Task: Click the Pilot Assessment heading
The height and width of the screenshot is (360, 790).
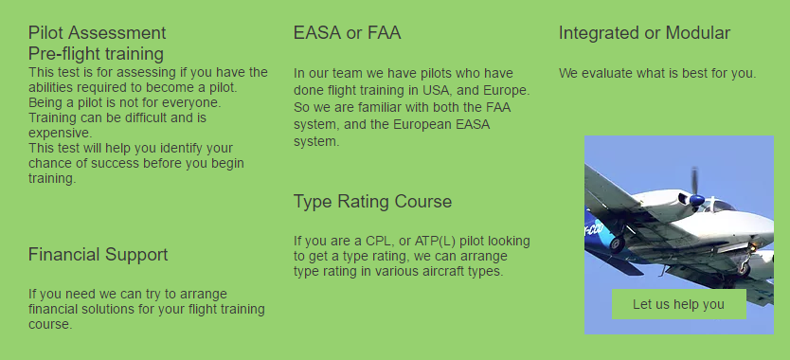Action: tap(97, 33)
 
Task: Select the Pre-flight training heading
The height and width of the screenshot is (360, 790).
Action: tap(96, 54)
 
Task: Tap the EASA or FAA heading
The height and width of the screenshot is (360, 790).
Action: tap(347, 33)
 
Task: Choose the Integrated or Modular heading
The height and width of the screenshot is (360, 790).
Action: tap(644, 33)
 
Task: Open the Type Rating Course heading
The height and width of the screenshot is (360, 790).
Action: tap(372, 202)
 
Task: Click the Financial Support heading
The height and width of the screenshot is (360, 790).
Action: tap(98, 255)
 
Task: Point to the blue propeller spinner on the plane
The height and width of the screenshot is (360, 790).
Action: tap(697, 200)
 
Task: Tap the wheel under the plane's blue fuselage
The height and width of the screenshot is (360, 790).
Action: tap(617, 244)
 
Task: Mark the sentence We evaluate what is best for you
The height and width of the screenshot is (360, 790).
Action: tap(656, 73)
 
